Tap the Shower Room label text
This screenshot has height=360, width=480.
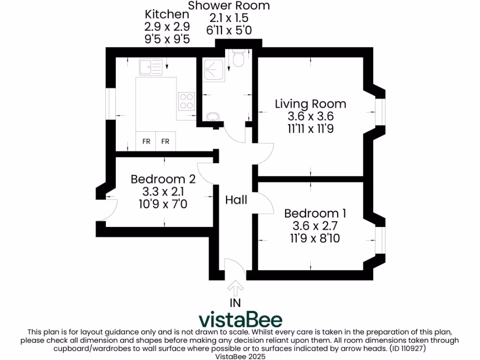[x=229, y=6]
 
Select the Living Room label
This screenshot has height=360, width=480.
[x=310, y=104]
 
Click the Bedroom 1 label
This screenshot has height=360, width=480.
[x=315, y=214]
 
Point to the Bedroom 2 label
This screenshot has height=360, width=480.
[x=163, y=179]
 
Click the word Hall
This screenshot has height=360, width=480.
[x=236, y=200]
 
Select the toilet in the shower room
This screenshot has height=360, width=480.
[x=239, y=59]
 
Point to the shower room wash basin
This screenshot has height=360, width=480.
[x=213, y=116]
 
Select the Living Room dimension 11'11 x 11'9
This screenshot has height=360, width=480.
[x=310, y=128]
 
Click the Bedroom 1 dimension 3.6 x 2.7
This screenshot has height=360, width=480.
[x=315, y=226]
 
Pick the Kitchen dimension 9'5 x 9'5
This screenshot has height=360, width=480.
[x=167, y=39]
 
